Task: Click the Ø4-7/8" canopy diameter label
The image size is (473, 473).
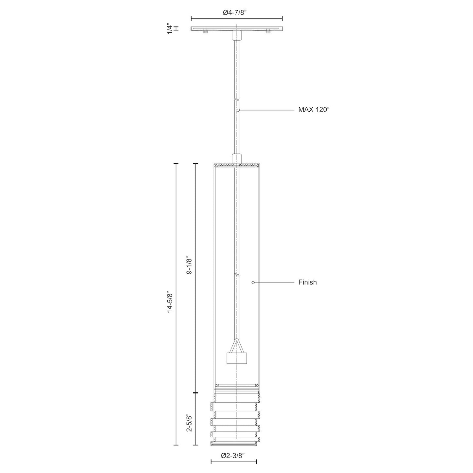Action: click(x=237, y=12)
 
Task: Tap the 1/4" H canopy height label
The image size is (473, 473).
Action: click(x=173, y=28)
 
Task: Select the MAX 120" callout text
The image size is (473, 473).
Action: click(x=313, y=110)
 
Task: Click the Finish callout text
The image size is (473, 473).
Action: click(x=307, y=282)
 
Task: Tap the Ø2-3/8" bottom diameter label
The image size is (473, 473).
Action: click(x=233, y=455)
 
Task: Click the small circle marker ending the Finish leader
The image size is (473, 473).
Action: click(x=253, y=282)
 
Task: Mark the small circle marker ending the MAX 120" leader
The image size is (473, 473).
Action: click(x=238, y=110)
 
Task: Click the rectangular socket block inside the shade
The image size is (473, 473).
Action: click(x=236, y=358)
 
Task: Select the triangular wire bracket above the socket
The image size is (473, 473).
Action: click(x=236, y=346)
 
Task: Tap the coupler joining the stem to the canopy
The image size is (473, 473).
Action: click(x=236, y=35)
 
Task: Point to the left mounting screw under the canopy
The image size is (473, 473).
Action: click(x=205, y=31)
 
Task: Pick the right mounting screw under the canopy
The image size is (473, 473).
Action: click(x=268, y=31)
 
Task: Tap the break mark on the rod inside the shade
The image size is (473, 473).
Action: click(x=236, y=275)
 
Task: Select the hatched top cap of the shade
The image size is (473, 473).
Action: click(x=236, y=165)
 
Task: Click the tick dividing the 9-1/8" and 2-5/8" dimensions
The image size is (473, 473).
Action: click(x=196, y=392)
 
